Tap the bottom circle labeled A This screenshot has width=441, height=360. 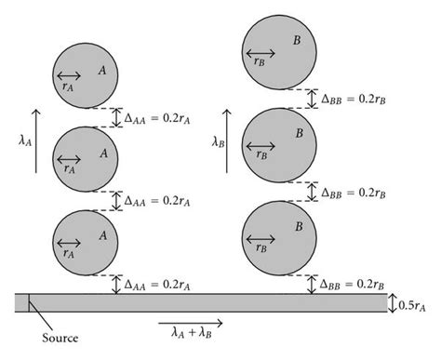pos(86,239)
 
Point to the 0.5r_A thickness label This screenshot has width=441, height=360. pos(415,304)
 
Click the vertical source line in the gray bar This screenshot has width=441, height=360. pos(30,303)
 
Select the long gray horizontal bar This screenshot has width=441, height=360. pos(200,303)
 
